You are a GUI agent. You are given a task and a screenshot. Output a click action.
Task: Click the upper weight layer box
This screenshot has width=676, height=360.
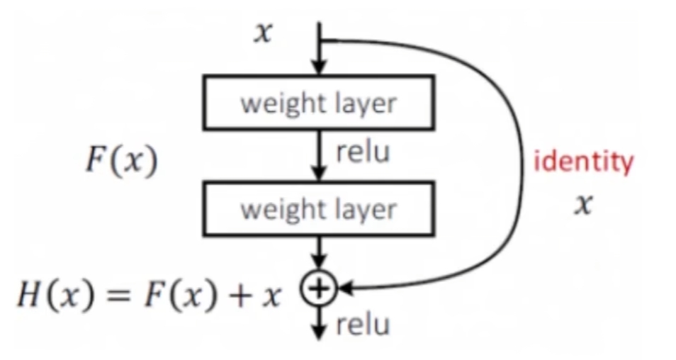[x=318, y=103]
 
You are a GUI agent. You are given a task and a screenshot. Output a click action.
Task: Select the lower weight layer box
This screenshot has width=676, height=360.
[x=318, y=209]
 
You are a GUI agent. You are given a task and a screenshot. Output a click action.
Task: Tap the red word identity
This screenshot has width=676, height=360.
[x=582, y=162]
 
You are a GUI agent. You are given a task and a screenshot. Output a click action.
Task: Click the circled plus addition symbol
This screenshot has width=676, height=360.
[x=320, y=287]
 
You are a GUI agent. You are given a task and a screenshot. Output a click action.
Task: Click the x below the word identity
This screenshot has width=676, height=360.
[x=582, y=206]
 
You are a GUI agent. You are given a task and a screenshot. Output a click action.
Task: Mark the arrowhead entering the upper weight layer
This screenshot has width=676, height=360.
[x=320, y=68]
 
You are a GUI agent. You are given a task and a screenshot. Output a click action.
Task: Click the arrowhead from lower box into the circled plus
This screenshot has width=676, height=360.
[x=320, y=267]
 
